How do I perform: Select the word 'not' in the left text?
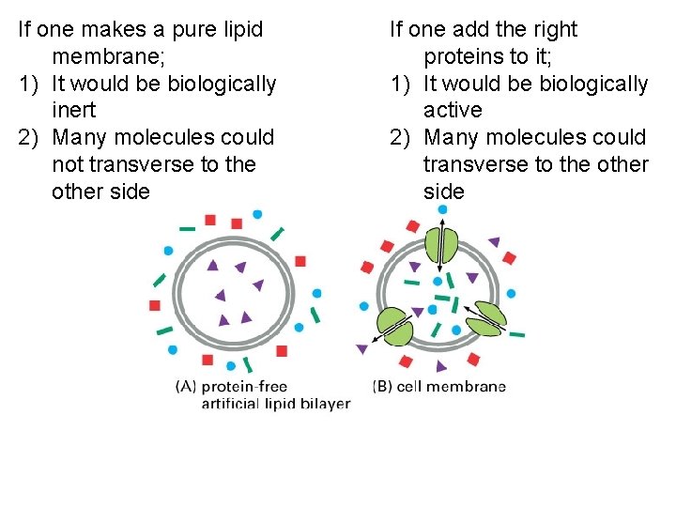(x=68, y=165)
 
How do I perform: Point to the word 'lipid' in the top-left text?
(x=238, y=30)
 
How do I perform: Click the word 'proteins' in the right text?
(x=465, y=57)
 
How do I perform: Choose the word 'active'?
(x=453, y=111)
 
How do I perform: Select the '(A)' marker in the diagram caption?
(x=186, y=386)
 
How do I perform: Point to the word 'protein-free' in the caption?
(x=244, y=386)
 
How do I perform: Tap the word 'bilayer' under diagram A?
(x=323, y=404)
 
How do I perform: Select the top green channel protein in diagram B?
(x=440, y=246)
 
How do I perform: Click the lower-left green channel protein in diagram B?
(x=395, y=324)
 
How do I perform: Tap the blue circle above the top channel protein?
(x=442, y=209)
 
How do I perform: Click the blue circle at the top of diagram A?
(x=256, y=214)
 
